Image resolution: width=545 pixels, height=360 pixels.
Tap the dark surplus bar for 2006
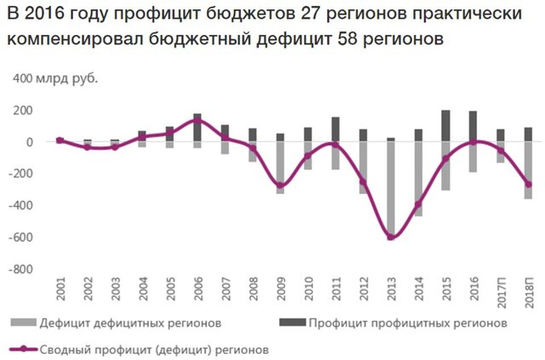click(x=197, y=128)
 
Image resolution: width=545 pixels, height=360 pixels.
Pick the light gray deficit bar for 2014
click(x=418, y=179)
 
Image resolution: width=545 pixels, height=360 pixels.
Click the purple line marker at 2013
click(x=391, y=237)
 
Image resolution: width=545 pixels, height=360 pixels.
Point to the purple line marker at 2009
click(x=280, y=186)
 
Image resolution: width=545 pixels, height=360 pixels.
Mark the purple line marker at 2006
click(x=197, y=121)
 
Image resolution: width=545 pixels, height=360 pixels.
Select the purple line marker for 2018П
click(x=528, y=185)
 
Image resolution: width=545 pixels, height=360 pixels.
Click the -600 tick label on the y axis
click(x=21, y=237)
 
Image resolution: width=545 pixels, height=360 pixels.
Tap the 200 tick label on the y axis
click(x=23, y=111)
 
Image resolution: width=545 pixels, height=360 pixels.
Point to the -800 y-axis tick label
click(x=21, y=269)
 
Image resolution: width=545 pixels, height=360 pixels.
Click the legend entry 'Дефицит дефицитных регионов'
click(x=119, y=323)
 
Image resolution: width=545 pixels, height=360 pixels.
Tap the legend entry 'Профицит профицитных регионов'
click(x=399, y=323)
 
